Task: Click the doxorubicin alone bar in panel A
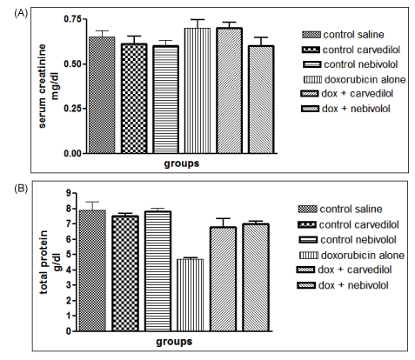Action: tap(197, 90)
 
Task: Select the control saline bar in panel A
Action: tap(102, 95)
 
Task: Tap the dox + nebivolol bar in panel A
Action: tap(261, 99)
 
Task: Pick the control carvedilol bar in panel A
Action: tap(134, 98)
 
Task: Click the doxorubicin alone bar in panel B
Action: tap(191, 295)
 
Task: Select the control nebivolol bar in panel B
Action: tap(158, 271)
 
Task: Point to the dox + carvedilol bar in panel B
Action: tap(224, 279)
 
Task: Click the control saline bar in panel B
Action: tap(92, 270)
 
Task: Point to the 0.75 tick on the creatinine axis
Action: tap(84, 19)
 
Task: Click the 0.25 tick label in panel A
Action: tap(72, 109)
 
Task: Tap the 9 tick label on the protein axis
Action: tap(69, 193)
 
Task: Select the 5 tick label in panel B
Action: tap(69, 254)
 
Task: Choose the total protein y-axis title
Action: tap(50, 262)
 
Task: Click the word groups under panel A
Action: tap(182, 163)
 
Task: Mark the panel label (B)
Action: tap(21, 189)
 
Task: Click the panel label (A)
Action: tap(21, 13)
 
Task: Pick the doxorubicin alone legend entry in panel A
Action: tap(354, 79)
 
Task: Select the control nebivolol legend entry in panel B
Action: tap(347, 240)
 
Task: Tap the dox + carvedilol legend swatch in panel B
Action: tap(305, 270)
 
